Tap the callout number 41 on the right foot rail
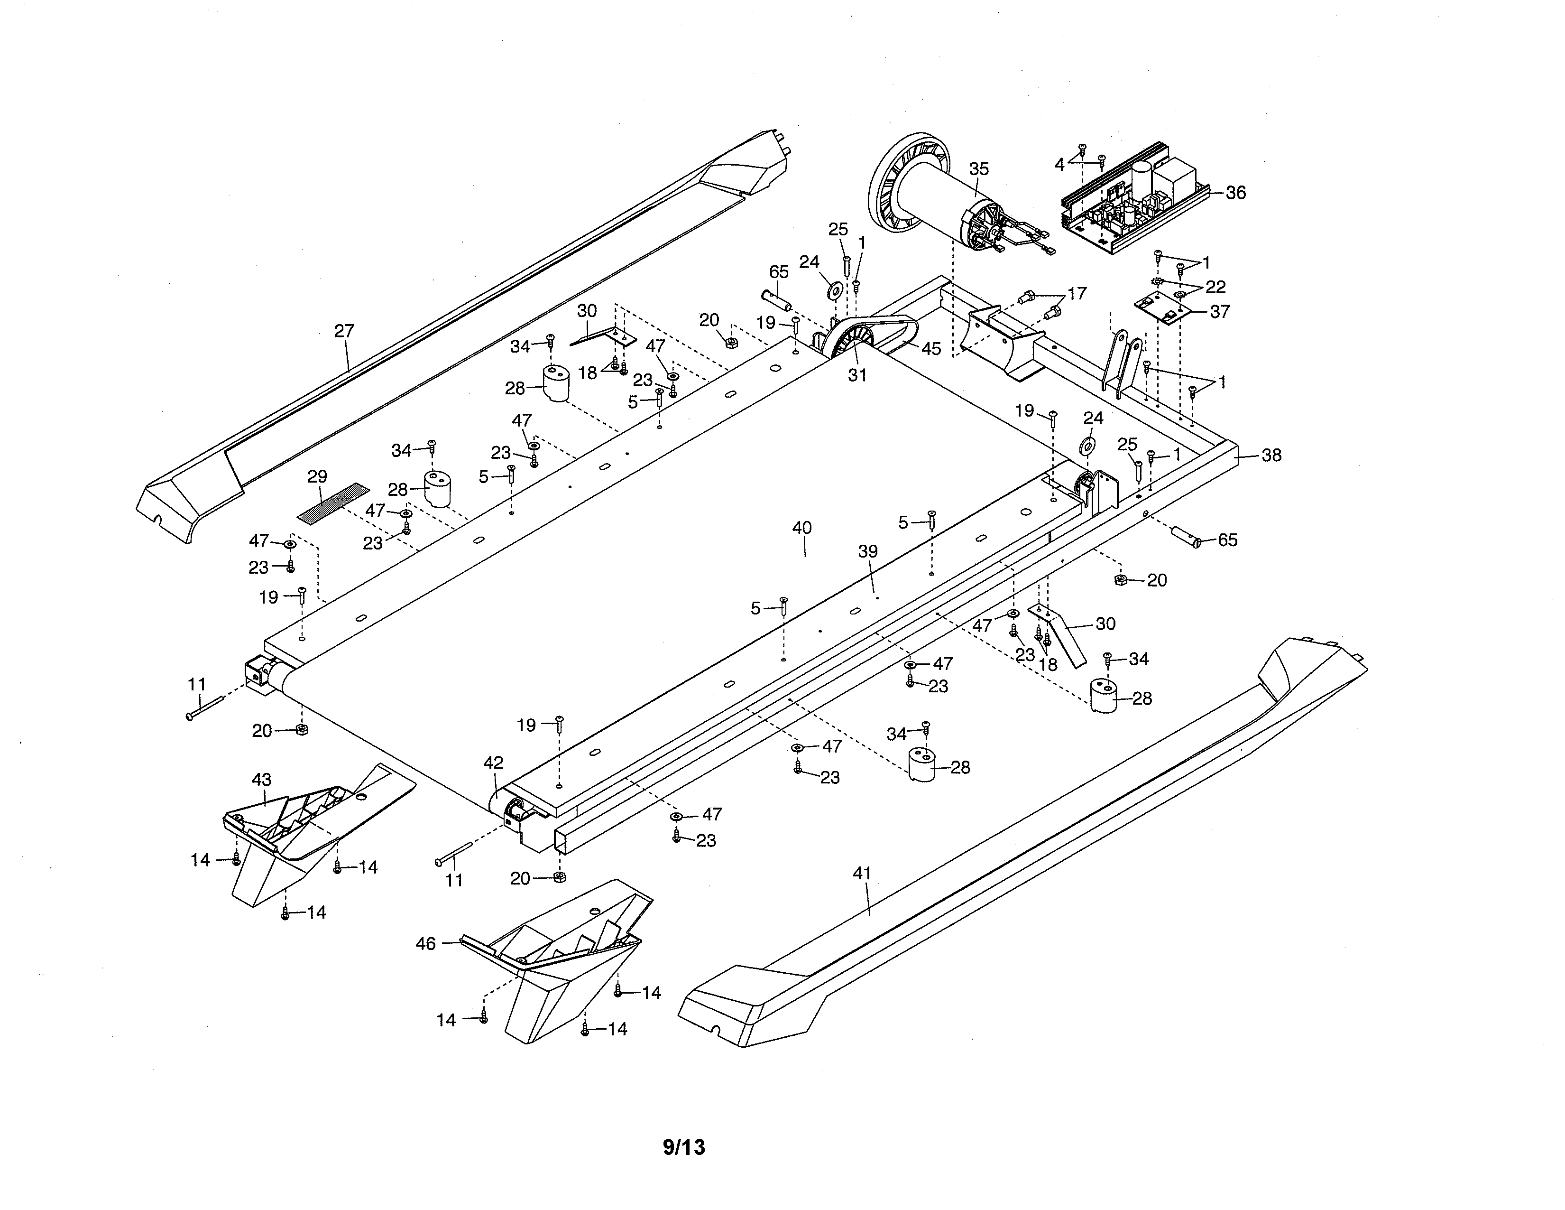[x=862, y=874]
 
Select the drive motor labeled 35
[x=939, y=194]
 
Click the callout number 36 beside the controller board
[x=1235, y=193]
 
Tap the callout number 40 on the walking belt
[x=802, y=528]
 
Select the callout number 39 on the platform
[x=868, y=552]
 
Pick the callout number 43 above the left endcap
[x=262, y=779]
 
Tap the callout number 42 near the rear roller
[x=493, y=763]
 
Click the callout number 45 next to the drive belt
[x=931, y=349]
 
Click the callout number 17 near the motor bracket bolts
[x=1077, y=293]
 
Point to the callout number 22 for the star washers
[x=1215, y=287]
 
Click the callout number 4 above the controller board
[x=1060, y=165]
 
